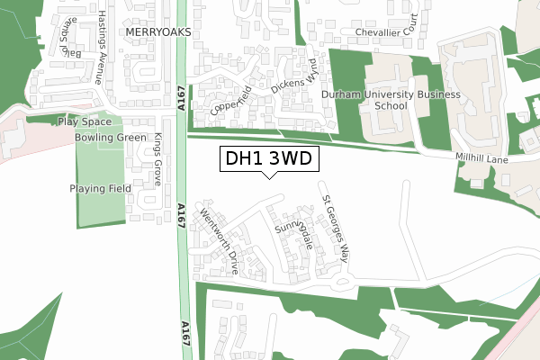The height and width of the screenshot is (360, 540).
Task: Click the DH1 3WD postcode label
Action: pyautogui.click(x=268, y=159)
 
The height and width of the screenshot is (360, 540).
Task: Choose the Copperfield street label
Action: pyautogui.click(x=229, y=100)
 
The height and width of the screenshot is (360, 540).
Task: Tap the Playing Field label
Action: pyautogui.click(x=100, y=189)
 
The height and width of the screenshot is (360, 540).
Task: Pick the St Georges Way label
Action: pyautogui.click(x=335, y=229)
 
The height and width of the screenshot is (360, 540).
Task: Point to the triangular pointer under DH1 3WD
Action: pyautogui.click(x=268, y=175)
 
